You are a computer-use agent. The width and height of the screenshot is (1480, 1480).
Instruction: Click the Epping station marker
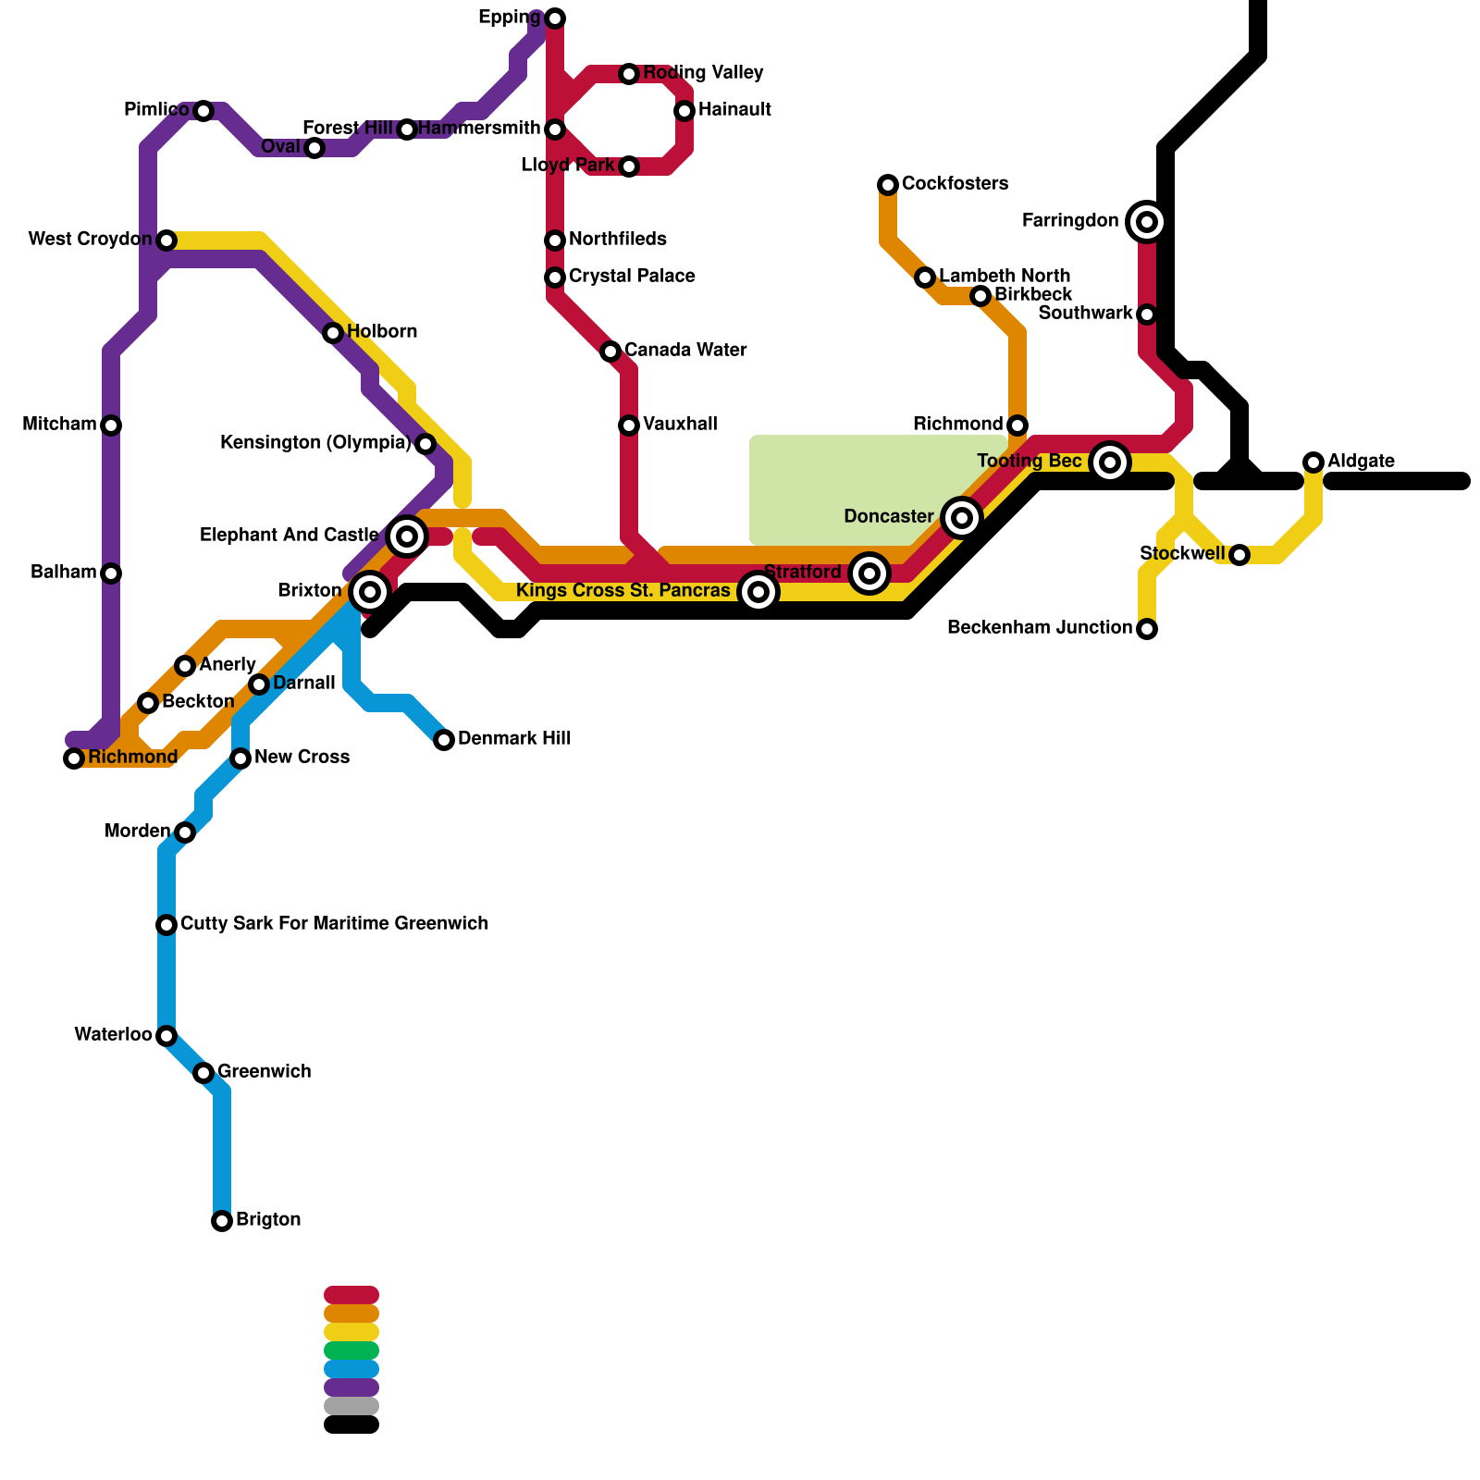555,18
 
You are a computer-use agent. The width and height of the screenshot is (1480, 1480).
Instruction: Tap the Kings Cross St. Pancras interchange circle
758,592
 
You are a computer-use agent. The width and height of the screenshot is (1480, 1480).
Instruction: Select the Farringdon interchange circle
1147,222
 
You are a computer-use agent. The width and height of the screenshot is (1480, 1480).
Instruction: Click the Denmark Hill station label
514,739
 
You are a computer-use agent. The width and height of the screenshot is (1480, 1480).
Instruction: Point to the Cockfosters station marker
888,185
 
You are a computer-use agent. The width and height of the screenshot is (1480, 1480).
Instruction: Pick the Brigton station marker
222,1221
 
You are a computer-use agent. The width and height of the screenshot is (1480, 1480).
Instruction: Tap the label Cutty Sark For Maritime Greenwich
334,924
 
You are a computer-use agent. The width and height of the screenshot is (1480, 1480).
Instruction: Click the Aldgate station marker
1313,462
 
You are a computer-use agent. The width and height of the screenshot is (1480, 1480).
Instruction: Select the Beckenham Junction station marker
1147,629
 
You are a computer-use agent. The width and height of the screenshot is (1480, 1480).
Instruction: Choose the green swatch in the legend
351,1350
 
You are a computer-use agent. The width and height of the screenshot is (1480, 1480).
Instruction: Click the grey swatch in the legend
351,1406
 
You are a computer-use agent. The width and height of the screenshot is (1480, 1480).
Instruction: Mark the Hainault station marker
684,111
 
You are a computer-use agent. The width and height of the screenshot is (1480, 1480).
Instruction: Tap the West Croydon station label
90,240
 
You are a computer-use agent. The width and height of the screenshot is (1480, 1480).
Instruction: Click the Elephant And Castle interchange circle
407,536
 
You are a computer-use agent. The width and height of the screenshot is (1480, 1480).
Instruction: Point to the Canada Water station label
685,351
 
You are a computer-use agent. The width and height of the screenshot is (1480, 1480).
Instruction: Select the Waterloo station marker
166,1036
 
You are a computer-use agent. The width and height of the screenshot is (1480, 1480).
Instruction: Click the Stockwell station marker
1239,555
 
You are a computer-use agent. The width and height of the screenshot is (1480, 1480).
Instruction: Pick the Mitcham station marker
111,425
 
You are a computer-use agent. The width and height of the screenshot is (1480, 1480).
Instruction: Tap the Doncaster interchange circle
962,518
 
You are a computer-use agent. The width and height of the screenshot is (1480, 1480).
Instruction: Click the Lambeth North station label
1005,277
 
